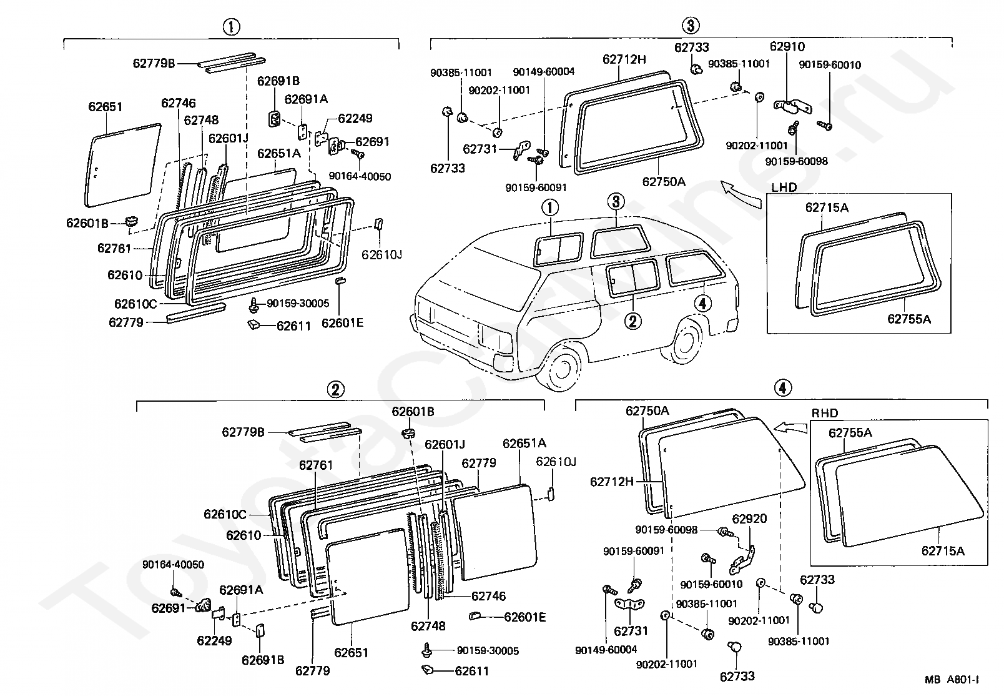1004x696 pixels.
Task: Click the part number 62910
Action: pyautogui.click(x=787, y=47)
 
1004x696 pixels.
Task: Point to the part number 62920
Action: pyautogui.click(x=749, y=519)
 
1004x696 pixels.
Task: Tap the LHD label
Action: pyautogui.click(x=784, y=187)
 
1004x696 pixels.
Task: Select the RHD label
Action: pyautogui.click(x=825, y=413)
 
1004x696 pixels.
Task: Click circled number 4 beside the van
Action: pyautogui.click(x=702, y=304)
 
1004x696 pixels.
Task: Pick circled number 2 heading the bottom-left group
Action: pyautogui.click(x=335, y=390)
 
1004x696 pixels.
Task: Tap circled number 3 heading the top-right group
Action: pyautogui.click(x=690, y=26)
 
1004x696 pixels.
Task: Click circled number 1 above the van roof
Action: pyautogui.click(x=550, y=207)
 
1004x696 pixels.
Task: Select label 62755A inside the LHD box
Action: pyautogui.click(x=908, y=319)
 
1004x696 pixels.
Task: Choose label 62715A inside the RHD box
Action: pyautogui.click(x=942, y=550)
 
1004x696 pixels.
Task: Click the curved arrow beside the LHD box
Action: pyautogui.click(x=741, y=193)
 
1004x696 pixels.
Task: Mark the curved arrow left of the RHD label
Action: pyautogui.click(x=790, y=426)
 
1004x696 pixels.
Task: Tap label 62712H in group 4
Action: pyautogui.click(x=612, y=482)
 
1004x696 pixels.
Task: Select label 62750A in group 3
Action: pyautogui.click(x=663, y=182)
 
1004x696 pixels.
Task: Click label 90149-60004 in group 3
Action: pyautogui.click(x=543, y=72)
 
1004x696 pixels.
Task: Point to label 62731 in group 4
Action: pyautogui.click(x=631, y=631)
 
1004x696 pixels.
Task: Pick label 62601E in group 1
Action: pyautogui.click(x=342, y=323)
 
